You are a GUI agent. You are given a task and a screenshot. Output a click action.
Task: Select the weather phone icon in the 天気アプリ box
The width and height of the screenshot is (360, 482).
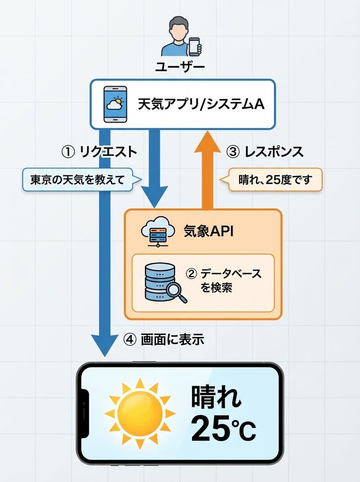coord(115,104)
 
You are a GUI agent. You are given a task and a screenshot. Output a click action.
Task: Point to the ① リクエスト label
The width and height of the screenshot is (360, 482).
coord(99,152)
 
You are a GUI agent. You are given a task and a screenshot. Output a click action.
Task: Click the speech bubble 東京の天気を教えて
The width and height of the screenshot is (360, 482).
coord(77,179)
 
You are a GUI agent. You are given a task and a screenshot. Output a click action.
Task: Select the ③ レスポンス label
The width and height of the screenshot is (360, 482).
coord(265,152)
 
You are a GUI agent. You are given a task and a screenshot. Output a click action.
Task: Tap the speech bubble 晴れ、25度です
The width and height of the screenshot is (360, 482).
coord(275,180)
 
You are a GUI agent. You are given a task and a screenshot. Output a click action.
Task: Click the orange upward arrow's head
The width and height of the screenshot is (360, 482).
coord(207,143)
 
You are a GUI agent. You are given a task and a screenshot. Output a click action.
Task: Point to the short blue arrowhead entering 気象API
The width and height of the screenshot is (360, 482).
coord(154,198)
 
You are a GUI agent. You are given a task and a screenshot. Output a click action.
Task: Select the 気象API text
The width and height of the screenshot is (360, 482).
coord(208,232)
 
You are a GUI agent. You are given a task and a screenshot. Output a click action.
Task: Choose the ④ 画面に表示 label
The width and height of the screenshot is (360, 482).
coord(164,340)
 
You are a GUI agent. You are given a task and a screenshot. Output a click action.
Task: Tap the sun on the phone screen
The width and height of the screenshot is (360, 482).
coord(140,413)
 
